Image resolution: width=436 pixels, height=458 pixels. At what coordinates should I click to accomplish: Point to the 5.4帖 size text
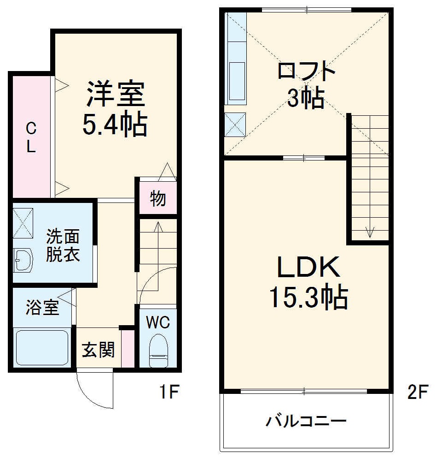pyautogui.click(x=115, y=125)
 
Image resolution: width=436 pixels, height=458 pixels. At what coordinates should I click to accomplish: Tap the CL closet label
pyautogui.click(x=31, y=137)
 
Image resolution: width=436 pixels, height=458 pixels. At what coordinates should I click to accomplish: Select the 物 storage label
pyautogui.click(x=158, y=199)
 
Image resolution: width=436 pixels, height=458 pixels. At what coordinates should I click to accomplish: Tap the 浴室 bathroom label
pyautogui.click(x=42, y=308)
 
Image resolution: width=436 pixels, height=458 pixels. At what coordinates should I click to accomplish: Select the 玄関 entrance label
pyautogui.click(x=98, y=350)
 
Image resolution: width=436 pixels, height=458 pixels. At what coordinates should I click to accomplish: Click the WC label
pyautogui.click(x=158, y=322)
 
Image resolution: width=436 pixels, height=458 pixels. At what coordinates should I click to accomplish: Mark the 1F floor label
pyautogui.click(x=169, y=393)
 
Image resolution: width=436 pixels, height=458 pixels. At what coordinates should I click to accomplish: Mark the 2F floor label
pyautogui.click(x=418, y=393)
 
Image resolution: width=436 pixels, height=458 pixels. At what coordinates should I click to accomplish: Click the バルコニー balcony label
pyautogui.click(x=306, y=421)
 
